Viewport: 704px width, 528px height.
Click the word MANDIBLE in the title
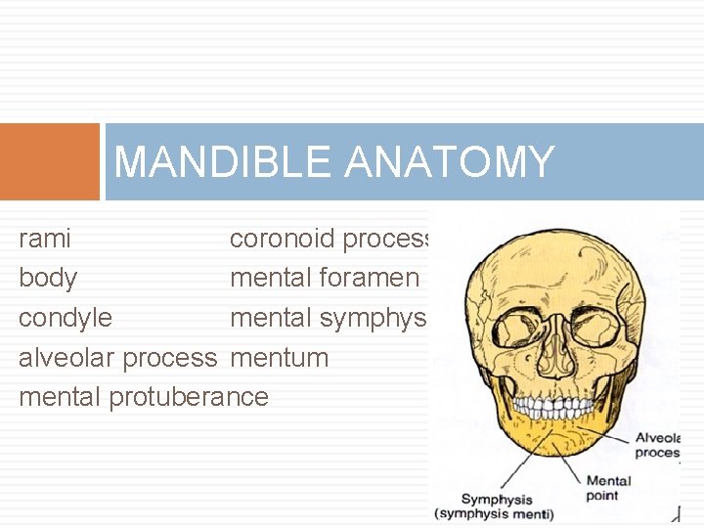(x=224, y=161)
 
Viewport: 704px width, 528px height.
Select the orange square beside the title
(x=50, y=161)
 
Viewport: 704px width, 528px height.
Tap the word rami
(x=44, y=239)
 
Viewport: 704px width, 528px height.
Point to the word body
(x=48, y=279)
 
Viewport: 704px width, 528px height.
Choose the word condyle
(x=66, y=318)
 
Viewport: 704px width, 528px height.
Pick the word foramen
(x=369, y=278)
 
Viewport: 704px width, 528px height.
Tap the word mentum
(x=279, y=357)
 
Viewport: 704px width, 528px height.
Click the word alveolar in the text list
(x=66, y=357)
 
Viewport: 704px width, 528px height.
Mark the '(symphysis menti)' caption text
(x=495, y=514)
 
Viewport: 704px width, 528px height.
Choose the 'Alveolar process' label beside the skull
(x=657, y=446)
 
